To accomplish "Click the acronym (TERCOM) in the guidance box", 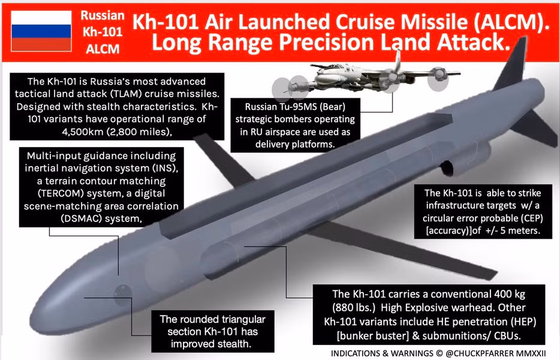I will pyautogui.click(x=54, y=193).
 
